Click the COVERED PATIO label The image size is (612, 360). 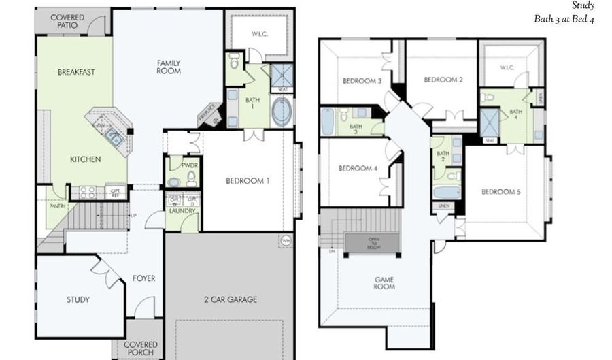[x=67, y=20]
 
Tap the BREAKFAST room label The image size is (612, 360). [x=75, y=71]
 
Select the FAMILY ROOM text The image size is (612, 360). [x=168, y=67]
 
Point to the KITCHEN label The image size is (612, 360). [x=86, y=159]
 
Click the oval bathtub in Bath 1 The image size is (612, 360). [x=281, y=112]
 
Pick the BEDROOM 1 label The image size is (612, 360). [x=248, y=181]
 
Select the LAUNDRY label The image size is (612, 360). [x=182, y=211]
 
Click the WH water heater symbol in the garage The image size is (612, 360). [x=285, y=240]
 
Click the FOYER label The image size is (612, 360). [x=143, y=278]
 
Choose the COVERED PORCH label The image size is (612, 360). [x=141, y=349]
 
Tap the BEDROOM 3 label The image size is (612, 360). [x=361, y=81]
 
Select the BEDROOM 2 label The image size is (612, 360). [x=443, y=80]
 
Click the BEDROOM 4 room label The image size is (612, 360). [x=358, y=169]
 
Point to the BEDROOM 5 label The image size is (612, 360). [x=501, y=192]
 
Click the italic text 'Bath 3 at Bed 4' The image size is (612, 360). [x=564, y=20]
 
